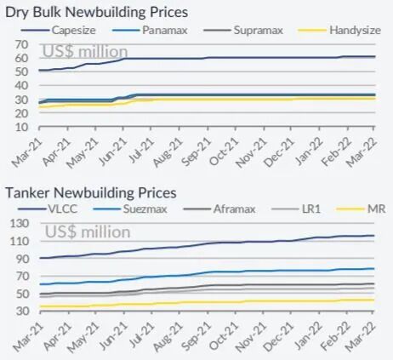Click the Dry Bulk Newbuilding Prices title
[96, 13]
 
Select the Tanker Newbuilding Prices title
[91, 193]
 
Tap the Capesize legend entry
[58, 30]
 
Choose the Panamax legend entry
[150, 30]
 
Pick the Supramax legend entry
[243, 30]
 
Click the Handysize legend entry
[339, 30]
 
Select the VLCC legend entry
[48, 209]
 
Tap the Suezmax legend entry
[130, 209]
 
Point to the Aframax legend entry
[219, 209]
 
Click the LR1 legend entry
[296, 209]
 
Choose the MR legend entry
[361, 209]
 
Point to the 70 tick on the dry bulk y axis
[22, 44]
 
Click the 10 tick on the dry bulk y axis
[22, 127]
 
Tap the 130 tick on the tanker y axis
[19, 224]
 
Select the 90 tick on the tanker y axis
[22, 259]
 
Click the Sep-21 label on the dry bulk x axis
[196, 151]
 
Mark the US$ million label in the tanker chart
[88, 231]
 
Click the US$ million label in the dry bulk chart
[85, 51]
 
